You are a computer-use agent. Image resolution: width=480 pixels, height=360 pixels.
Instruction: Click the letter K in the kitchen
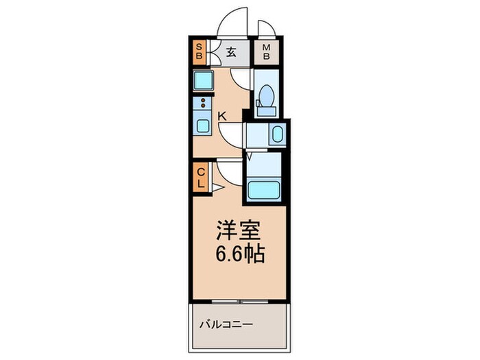[221, 117]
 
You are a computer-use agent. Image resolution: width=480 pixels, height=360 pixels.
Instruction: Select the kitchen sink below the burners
[204, 125]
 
